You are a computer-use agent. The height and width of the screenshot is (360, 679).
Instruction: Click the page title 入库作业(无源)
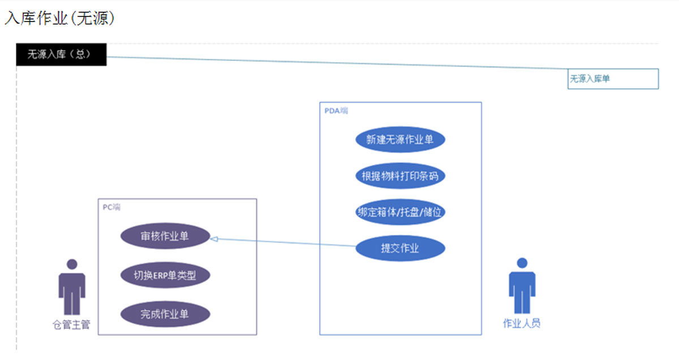[60, 18]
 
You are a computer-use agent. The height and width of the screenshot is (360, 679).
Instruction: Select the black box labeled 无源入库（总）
[61, 55]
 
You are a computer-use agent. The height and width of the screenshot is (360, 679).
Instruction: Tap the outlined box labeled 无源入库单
[613, 79]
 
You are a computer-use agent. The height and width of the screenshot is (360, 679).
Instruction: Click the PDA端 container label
[336, 110]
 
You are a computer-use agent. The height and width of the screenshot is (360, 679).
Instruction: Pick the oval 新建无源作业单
[400, 140]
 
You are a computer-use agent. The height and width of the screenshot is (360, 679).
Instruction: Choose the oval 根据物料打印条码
[400, 176]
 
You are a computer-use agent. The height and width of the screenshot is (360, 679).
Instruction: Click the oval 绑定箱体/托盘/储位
[400, 212]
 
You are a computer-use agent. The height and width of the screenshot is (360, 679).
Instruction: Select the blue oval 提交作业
[400, 248]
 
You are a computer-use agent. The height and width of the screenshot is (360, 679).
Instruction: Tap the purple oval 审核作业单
[165, 237]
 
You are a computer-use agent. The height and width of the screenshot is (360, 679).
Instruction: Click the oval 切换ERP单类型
[165, 276]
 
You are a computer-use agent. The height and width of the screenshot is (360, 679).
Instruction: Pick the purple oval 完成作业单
[165, 314]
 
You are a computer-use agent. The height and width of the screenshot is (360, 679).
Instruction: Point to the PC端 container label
[111, 207]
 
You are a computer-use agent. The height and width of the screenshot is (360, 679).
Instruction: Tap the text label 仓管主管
[71, 325]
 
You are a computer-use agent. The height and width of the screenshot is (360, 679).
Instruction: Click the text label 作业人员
[522, 324]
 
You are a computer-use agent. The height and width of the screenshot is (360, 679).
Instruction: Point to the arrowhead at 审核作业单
[214, 239]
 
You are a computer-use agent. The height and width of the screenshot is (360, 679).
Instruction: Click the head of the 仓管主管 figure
[72, 264]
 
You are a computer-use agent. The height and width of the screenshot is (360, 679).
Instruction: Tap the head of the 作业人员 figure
[522, 263]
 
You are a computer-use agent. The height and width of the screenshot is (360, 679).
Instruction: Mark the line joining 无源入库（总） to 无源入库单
[339, 63]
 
